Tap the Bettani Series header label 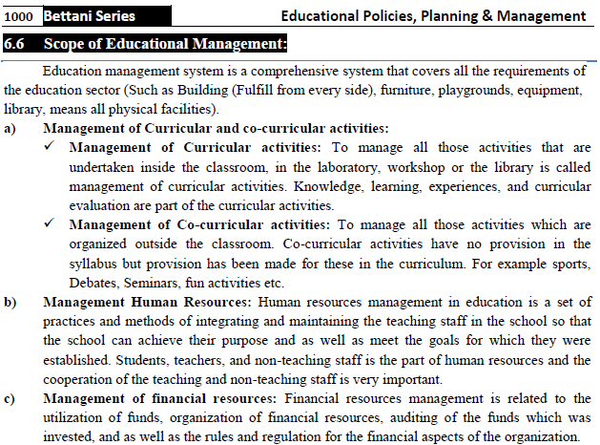pyautogui.click(x=89, y=16)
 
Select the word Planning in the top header pyautogui.click(x=448, y=16)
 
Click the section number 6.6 pyautogui.click(x=18, y=44)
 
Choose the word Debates pyautogui.click(x=94, y=284)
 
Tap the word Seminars pyautogui.click(x=156, y=284)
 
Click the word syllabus pyautogui.click(x=94, y=264)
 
